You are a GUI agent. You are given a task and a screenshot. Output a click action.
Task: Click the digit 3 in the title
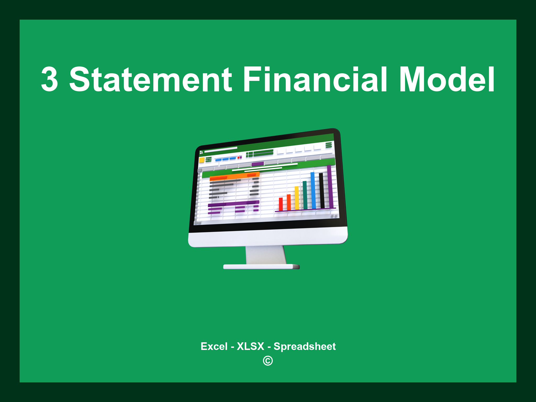(49, 79)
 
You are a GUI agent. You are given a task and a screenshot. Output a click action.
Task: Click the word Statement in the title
(150, 79)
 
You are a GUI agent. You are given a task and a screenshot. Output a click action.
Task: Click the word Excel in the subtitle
(214, 346)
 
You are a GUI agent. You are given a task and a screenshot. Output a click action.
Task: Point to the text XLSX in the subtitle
(250, 346)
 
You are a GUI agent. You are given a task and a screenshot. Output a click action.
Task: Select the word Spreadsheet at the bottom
(304, 346)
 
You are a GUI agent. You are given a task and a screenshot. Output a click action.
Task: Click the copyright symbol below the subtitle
(268, 361)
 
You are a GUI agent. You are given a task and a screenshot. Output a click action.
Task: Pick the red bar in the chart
(281, 204)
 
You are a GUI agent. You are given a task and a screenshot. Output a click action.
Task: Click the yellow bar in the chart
(297, 198)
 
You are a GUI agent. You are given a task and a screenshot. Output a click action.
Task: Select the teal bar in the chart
(305, 195)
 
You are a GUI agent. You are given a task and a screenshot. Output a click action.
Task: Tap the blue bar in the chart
(313, 190)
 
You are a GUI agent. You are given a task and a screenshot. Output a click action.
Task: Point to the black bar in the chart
(321, 190)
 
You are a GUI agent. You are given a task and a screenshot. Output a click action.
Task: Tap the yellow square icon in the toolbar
(202, 160)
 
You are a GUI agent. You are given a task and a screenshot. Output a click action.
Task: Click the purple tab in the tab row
(258, 164)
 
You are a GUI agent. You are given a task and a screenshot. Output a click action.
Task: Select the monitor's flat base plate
(261, 267)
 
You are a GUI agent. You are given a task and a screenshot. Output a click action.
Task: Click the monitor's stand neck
(266, 255)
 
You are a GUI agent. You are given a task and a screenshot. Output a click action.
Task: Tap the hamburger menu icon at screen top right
(329, 145)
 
